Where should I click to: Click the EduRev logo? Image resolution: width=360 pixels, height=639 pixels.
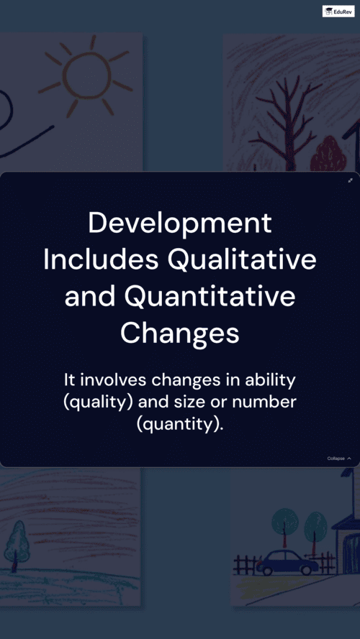pos(338,11)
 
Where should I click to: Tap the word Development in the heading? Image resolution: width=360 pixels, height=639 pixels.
pos(180,224)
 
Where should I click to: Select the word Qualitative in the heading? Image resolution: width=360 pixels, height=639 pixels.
pos(243,261)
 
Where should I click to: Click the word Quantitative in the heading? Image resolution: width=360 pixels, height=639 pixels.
pos(210,298)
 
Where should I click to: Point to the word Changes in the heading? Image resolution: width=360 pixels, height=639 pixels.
pos(179,334)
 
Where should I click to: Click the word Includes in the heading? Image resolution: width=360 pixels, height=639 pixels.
pos(102,261)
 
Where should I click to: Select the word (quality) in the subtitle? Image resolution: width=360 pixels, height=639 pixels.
pos(99,403)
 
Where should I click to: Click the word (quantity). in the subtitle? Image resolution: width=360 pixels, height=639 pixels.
pos(180,425)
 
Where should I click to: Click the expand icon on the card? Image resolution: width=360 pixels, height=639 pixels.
pos(350,180)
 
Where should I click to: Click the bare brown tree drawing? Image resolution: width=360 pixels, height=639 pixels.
pos(286,123)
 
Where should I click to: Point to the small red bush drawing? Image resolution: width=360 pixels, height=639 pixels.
pos(328,154)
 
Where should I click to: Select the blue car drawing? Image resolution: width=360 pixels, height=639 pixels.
pos(287,562)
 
